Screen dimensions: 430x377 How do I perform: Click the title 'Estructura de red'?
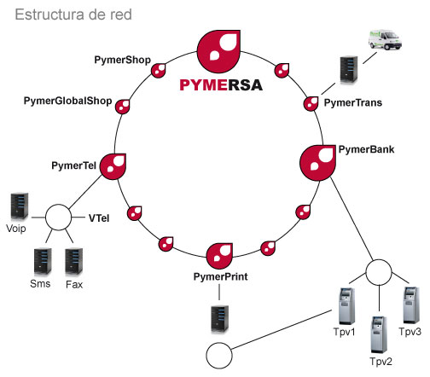pyautogui.click(x=73, y=14)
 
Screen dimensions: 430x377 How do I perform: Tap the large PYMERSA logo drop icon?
pyautogui.click(x=218, y=51)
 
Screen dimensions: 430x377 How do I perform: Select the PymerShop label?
pyautogui.click(x=123, y=61)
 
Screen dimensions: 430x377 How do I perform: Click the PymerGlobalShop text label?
pyautogui.click(x=67, y=101)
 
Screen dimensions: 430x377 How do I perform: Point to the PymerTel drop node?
pyautogui.click(x=113, y=166)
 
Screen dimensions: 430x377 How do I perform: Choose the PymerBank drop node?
pyautogui.click(x=317, y=163)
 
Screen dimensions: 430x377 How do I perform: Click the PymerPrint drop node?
pyautogui.click(x=219, y=256)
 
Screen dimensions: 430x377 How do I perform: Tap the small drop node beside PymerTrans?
pyautogui.click(x=311, y=104)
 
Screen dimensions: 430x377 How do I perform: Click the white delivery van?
pyautogui.click(x=385, y=40)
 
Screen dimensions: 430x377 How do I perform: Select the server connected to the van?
pyautogui.click(x=349, y=70)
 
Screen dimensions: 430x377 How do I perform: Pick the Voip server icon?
pyautogui.click(x=20, y=206)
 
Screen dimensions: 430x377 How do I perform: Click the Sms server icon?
pyautogui.click(x=43, y=262)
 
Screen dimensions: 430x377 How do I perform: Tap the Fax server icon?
pyautogui.click(x=74, y=262)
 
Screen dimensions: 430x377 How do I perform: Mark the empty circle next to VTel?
pyautogui.click(x=58, y=217)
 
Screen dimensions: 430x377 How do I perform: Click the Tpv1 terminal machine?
pyautogui.click(x=347, y=306)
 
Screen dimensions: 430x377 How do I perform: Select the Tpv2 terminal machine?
pyautogui.click(x=379, y=334)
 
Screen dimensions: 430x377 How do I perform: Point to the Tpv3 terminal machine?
pyautogui.click(x=411, y=305)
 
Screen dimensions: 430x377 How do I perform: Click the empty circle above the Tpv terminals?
pyautogui.click(x=379, y=272)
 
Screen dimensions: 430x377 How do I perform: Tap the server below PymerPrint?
pyautogui.click(x=219, y=319)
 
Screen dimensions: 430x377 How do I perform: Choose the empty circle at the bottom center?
pyautogui.click(x=219, y=356)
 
